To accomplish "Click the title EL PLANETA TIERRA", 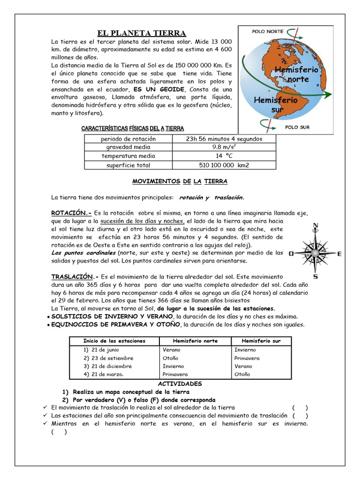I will coord(142,33).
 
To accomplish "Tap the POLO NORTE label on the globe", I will coord(268,31).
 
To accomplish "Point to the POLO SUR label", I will coord(297,127).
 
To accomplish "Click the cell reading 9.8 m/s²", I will coord(224,147).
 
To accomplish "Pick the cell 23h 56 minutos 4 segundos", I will coord(224,139).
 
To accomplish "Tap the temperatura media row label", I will coord(128,156).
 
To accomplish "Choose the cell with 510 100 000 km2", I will coord(224,165).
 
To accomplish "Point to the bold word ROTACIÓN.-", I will coord(71,212).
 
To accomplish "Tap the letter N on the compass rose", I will coord(315,226).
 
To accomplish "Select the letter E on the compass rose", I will coord(340,254).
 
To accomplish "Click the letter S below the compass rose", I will coord(315,277).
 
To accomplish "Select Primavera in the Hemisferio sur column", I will coord(247,358).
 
